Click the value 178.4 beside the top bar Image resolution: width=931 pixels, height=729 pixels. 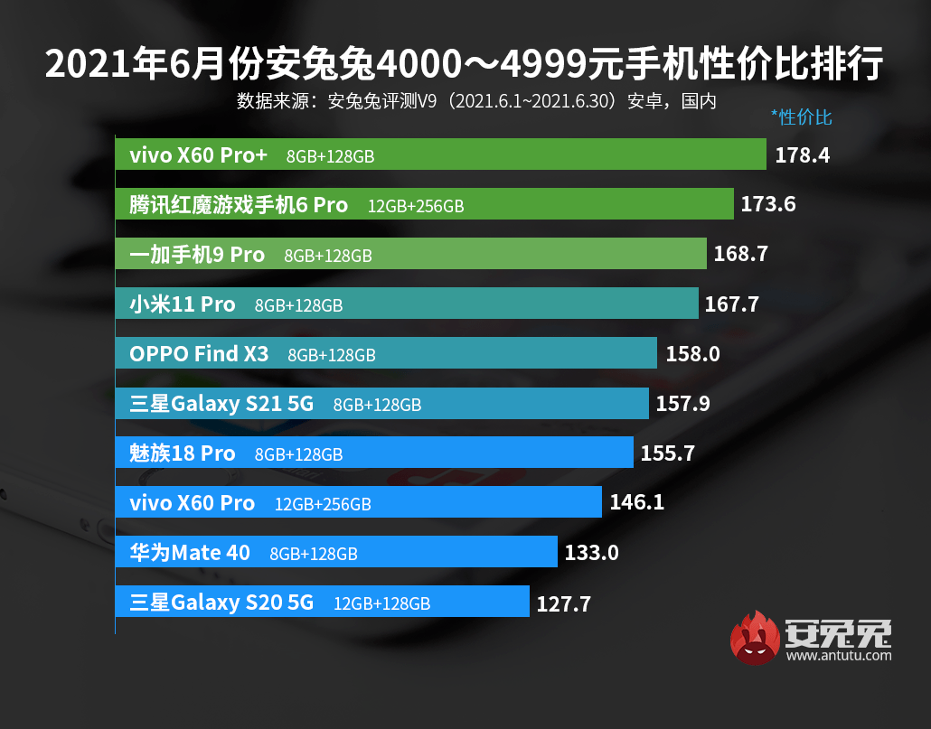pyautogui.click(x=803, y=155)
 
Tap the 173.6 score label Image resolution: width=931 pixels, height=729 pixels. pyautogui.click(x=768, y=204)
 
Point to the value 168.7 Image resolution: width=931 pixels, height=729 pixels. pyautogui.click(x=741, y=254)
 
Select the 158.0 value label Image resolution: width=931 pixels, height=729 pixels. pyautogui.click(x=692, y=353)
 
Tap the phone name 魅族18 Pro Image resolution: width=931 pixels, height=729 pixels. pyautogui.click(x=183, y=453)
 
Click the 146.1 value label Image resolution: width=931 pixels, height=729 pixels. pyautogui.click(x=637, y=501)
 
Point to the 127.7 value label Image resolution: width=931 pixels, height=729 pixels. pyautogui.click(x=564, y=603)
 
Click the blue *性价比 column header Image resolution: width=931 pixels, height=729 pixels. pyautogui.click(x=801, y=117)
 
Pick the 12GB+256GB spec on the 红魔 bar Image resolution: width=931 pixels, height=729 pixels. pyautogui.click(x=416, y=206)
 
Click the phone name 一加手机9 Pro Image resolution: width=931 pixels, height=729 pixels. pyautogui.click(x=197, y=255)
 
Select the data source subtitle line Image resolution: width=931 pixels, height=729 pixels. pyautogui.click(x=476, y=100)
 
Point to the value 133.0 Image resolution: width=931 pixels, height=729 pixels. pyautogui.click(x=591, y=552)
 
